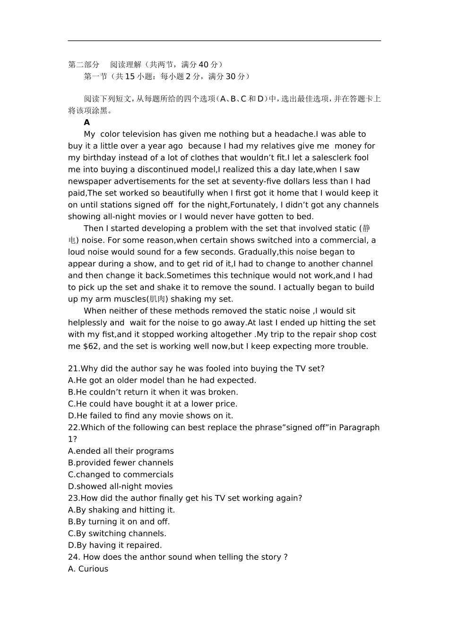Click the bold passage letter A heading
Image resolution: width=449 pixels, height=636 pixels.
pos(87,123)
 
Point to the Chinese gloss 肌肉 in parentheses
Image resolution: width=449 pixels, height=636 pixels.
pos(158,299)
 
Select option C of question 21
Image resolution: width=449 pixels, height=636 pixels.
pos(153,404)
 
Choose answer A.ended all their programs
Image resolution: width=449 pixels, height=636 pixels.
pos(121,451)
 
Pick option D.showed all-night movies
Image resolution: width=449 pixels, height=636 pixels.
pos(121,486)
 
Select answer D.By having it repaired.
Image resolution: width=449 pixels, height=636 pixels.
pos(115,545)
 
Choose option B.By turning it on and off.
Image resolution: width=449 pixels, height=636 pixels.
pos(119,521)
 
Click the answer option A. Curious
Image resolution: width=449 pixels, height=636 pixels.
pos(88,569)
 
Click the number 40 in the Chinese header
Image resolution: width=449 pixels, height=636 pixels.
pos(203,65)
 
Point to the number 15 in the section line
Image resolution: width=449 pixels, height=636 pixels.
pos(130,77)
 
